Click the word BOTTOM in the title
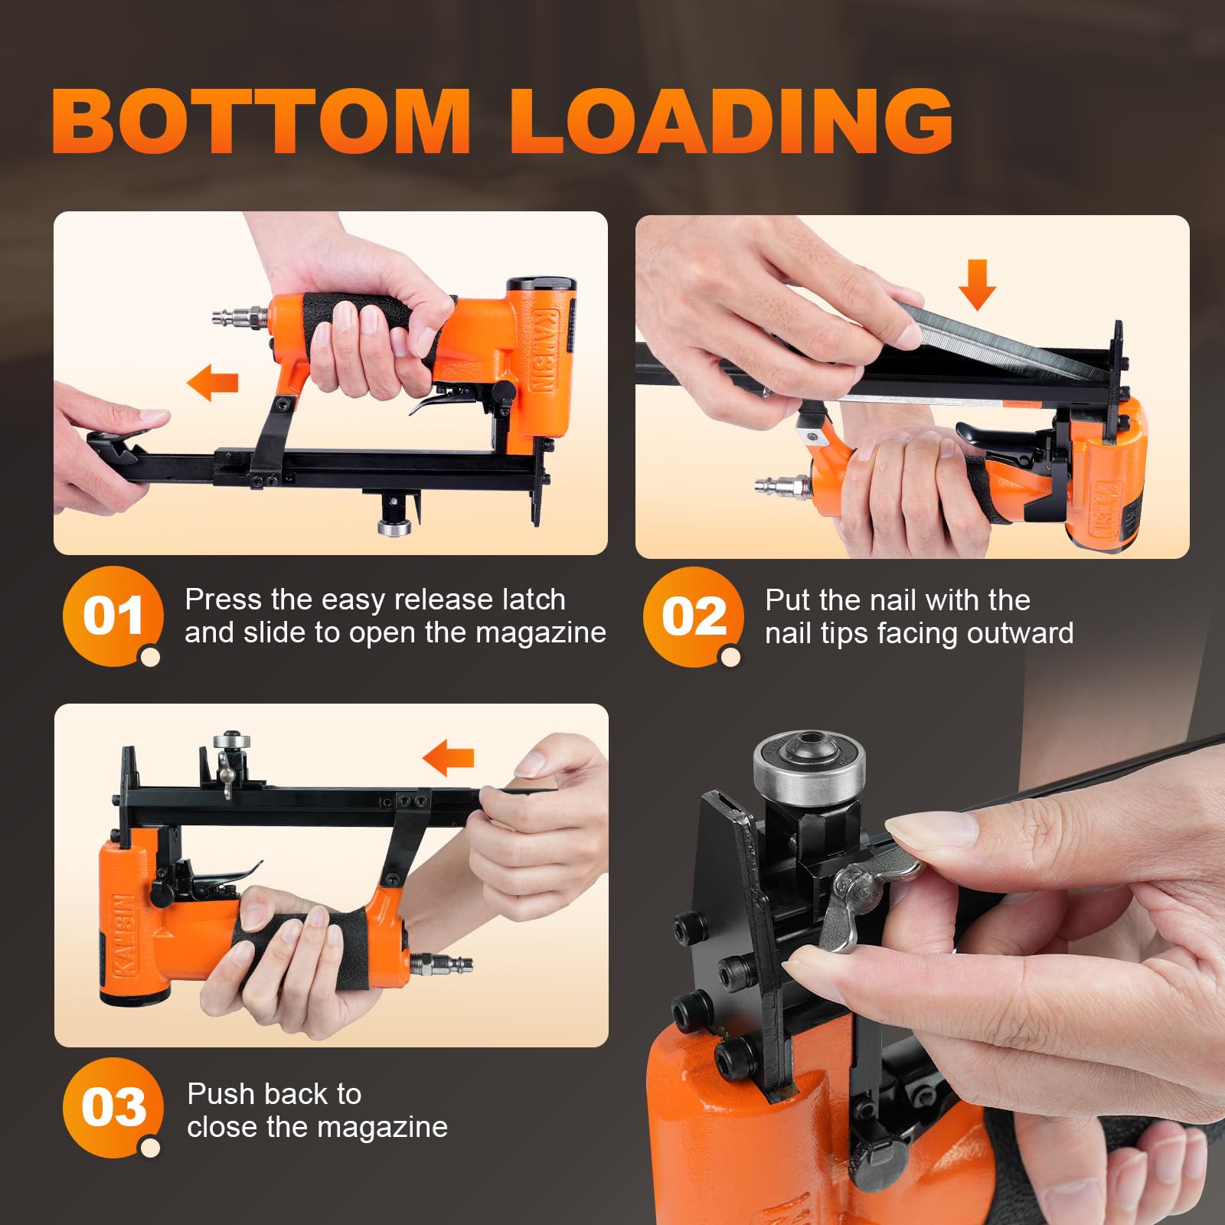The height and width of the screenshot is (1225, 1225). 261,120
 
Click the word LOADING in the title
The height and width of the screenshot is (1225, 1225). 732,120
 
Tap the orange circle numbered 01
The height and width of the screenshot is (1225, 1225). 113,616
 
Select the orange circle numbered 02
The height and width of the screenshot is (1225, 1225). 693,617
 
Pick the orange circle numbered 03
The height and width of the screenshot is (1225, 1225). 113,1108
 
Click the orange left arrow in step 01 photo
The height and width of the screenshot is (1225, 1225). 213,383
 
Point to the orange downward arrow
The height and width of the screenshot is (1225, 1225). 977,284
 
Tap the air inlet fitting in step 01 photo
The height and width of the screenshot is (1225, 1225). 240,315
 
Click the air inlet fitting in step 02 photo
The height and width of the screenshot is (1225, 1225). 782,485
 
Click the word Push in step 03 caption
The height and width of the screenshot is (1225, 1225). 219,1095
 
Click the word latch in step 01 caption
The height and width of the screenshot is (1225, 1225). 533,599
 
